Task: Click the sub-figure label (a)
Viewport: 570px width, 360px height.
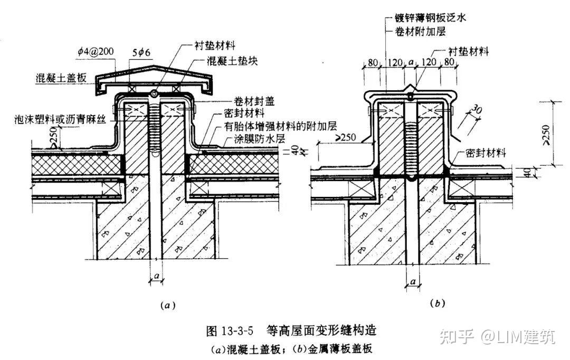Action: [x=167, y=305]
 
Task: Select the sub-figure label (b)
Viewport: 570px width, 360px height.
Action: [x=438, y=304]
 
